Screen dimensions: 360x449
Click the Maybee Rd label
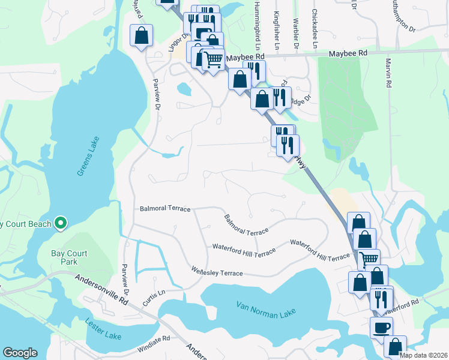pyautogui.click(x=348, y=54)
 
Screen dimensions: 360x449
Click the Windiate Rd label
pyautogui.click(x=154, y=339)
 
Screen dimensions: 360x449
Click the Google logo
pyautogui.click(x=20, y=353)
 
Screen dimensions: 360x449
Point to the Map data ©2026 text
pyautogui.click(x=423, y=355)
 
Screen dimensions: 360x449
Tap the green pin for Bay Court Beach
pyautogui.click(x=59, y=224)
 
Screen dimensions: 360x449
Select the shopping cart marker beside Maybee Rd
pyautogui.click(x=213, y=61)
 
